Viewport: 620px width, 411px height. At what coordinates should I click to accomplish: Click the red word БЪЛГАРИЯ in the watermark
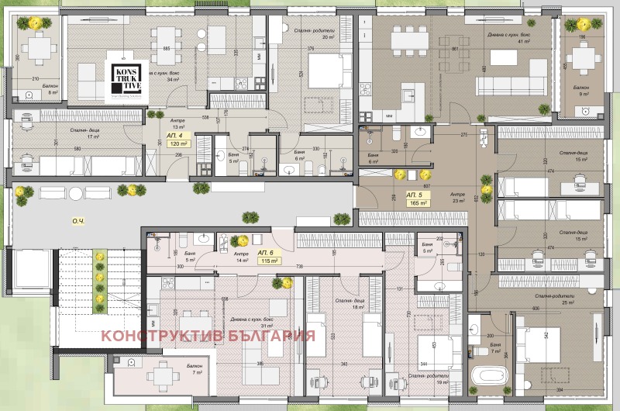click(x=267, y=336)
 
